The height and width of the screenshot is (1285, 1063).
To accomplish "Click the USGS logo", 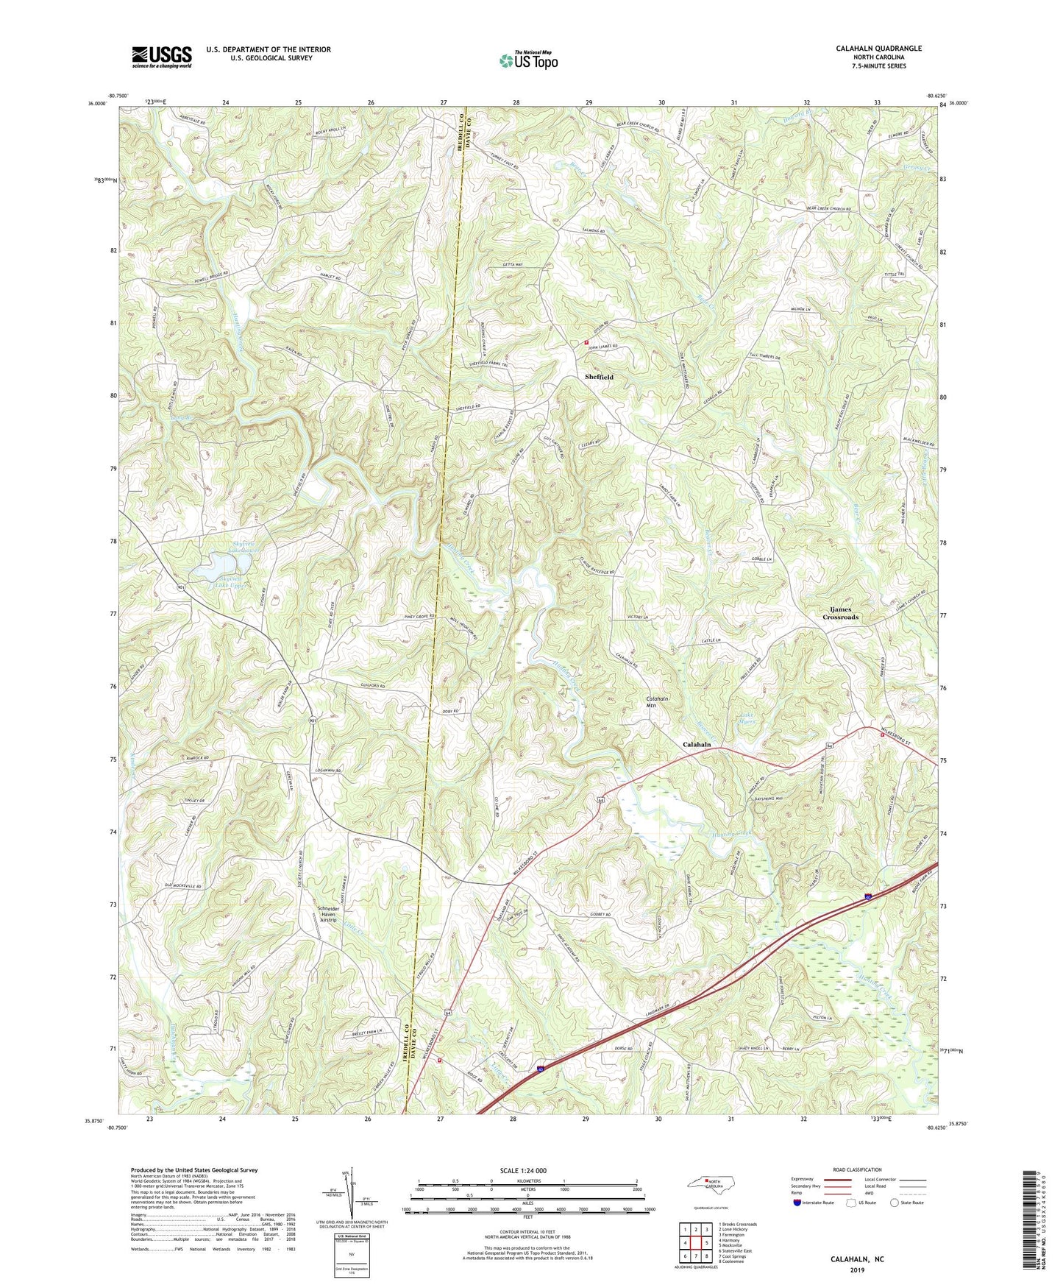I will tap(162, 57).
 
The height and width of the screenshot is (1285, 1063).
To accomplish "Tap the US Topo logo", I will tap(528, 60).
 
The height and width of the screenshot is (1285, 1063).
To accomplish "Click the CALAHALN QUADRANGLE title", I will tap(878, 49).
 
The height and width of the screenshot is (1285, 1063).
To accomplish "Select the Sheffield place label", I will tap(599, 377).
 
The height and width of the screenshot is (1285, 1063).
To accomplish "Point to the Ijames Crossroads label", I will tap(840, 613).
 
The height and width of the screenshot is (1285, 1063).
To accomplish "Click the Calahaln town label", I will tap(697, 745).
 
